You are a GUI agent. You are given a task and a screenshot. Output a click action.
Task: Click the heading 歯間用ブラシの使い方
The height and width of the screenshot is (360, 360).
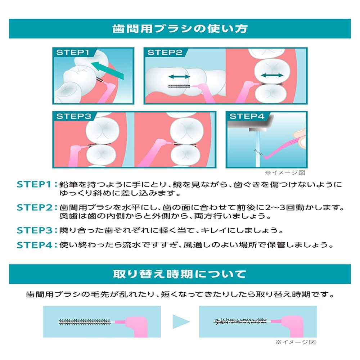180,29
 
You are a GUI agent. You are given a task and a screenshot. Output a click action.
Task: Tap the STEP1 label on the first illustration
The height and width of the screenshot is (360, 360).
72,53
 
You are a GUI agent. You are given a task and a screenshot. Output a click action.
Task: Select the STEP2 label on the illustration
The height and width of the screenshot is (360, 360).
165,53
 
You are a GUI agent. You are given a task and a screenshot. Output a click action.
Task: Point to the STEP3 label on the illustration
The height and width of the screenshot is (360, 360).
73,116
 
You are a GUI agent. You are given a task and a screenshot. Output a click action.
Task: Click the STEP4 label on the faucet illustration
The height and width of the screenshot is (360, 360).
247,116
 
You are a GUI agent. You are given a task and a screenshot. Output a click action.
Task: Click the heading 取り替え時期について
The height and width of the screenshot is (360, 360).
180,274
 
